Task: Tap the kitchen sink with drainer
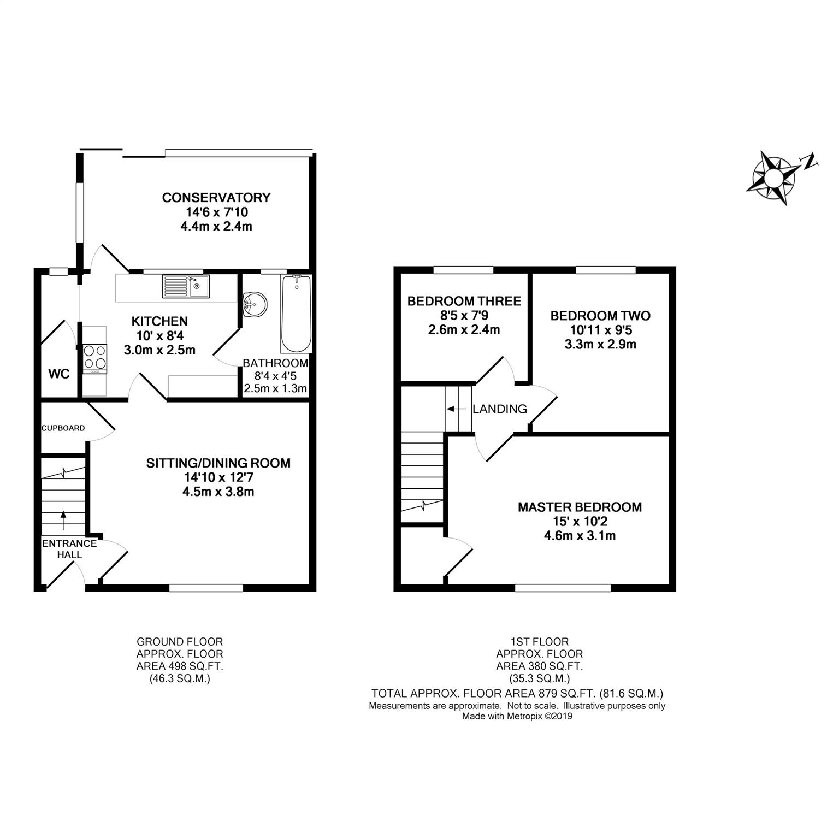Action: point(186,286)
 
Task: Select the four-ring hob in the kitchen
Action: point(95,358)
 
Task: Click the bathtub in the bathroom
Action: point(297,314)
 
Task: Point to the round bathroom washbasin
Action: point(255,304)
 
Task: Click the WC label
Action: point(59,374)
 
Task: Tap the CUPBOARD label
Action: point(63,428)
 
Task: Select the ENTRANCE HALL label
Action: point(69,549)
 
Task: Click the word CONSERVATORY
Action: point(216,197)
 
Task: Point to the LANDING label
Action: point(500,409)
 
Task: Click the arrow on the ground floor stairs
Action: point(63,521)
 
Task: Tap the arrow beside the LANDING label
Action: point(458,409)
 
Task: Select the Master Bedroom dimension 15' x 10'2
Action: point(580,521)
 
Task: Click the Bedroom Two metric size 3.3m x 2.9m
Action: point(601,345)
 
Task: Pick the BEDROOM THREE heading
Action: point(464,301)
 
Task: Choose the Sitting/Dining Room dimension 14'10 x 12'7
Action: point(218,477)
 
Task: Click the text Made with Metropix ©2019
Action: point(517,716)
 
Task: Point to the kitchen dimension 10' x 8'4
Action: point(159,336)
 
